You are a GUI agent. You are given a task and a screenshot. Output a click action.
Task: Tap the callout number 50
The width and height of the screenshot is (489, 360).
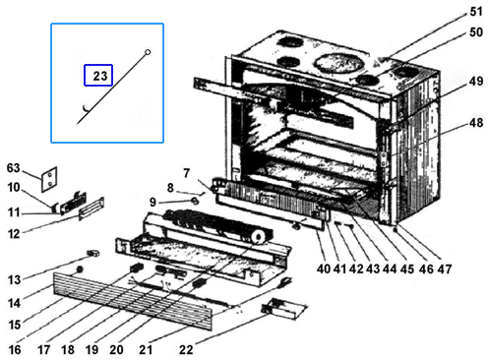475,32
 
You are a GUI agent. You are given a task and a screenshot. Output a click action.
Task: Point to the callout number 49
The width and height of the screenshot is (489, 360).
475,81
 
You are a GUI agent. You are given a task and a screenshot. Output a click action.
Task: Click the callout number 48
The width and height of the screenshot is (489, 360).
475,123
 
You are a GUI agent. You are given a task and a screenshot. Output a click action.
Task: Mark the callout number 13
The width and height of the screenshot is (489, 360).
14,281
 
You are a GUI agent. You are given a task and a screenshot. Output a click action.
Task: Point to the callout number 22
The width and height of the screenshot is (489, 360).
186,348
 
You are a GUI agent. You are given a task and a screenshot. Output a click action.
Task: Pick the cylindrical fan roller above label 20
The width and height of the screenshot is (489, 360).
220,229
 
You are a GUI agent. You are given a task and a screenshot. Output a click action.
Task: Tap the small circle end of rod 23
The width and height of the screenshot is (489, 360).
147,51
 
